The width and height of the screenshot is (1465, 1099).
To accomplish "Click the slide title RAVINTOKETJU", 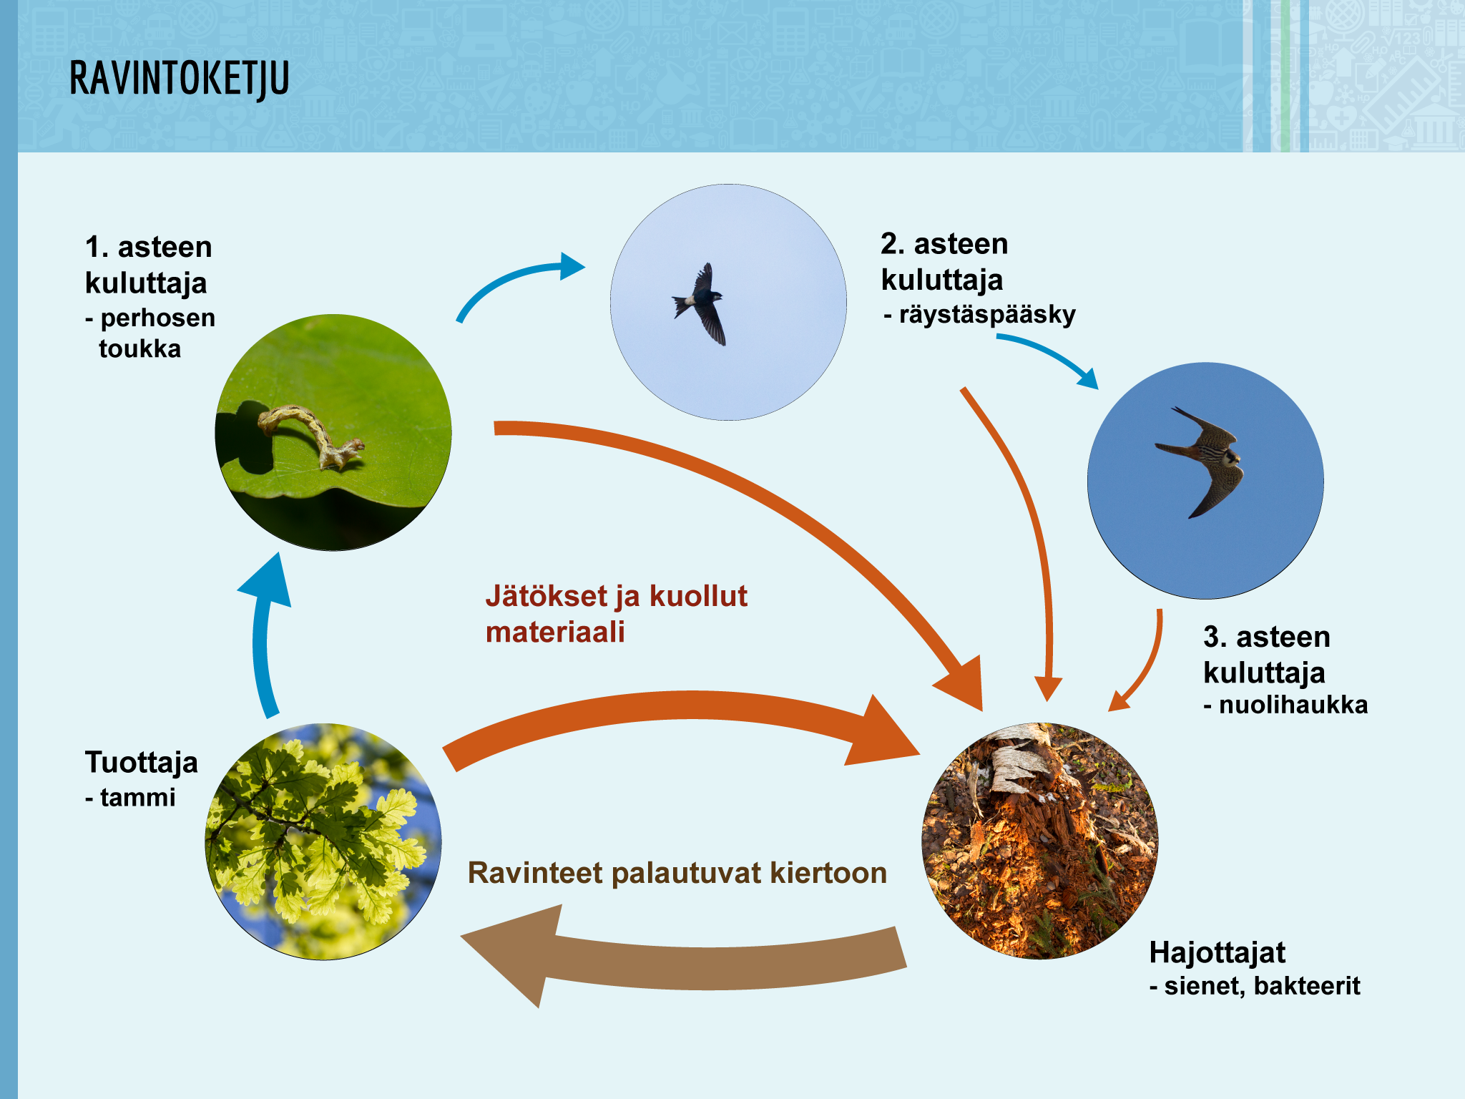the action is [x=180, y=79].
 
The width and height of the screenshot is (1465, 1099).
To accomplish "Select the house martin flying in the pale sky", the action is [x=699, y=304].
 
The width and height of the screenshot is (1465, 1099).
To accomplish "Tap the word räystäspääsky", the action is [x=987, y=314].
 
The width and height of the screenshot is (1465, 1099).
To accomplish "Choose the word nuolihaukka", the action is [x=1293, y=705].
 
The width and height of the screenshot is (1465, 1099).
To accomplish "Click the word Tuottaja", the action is [x=142, y=763].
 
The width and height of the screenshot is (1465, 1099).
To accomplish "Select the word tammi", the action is [x=138, y=797].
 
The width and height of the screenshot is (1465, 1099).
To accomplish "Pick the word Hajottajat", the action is [x=1217, y=952].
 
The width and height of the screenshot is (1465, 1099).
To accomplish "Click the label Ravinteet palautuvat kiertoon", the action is [x=677, y=873].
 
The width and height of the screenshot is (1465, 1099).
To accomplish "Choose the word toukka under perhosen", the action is [x=140, y=349].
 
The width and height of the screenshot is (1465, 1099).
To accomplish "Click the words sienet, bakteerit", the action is [x=1262, y=986].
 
